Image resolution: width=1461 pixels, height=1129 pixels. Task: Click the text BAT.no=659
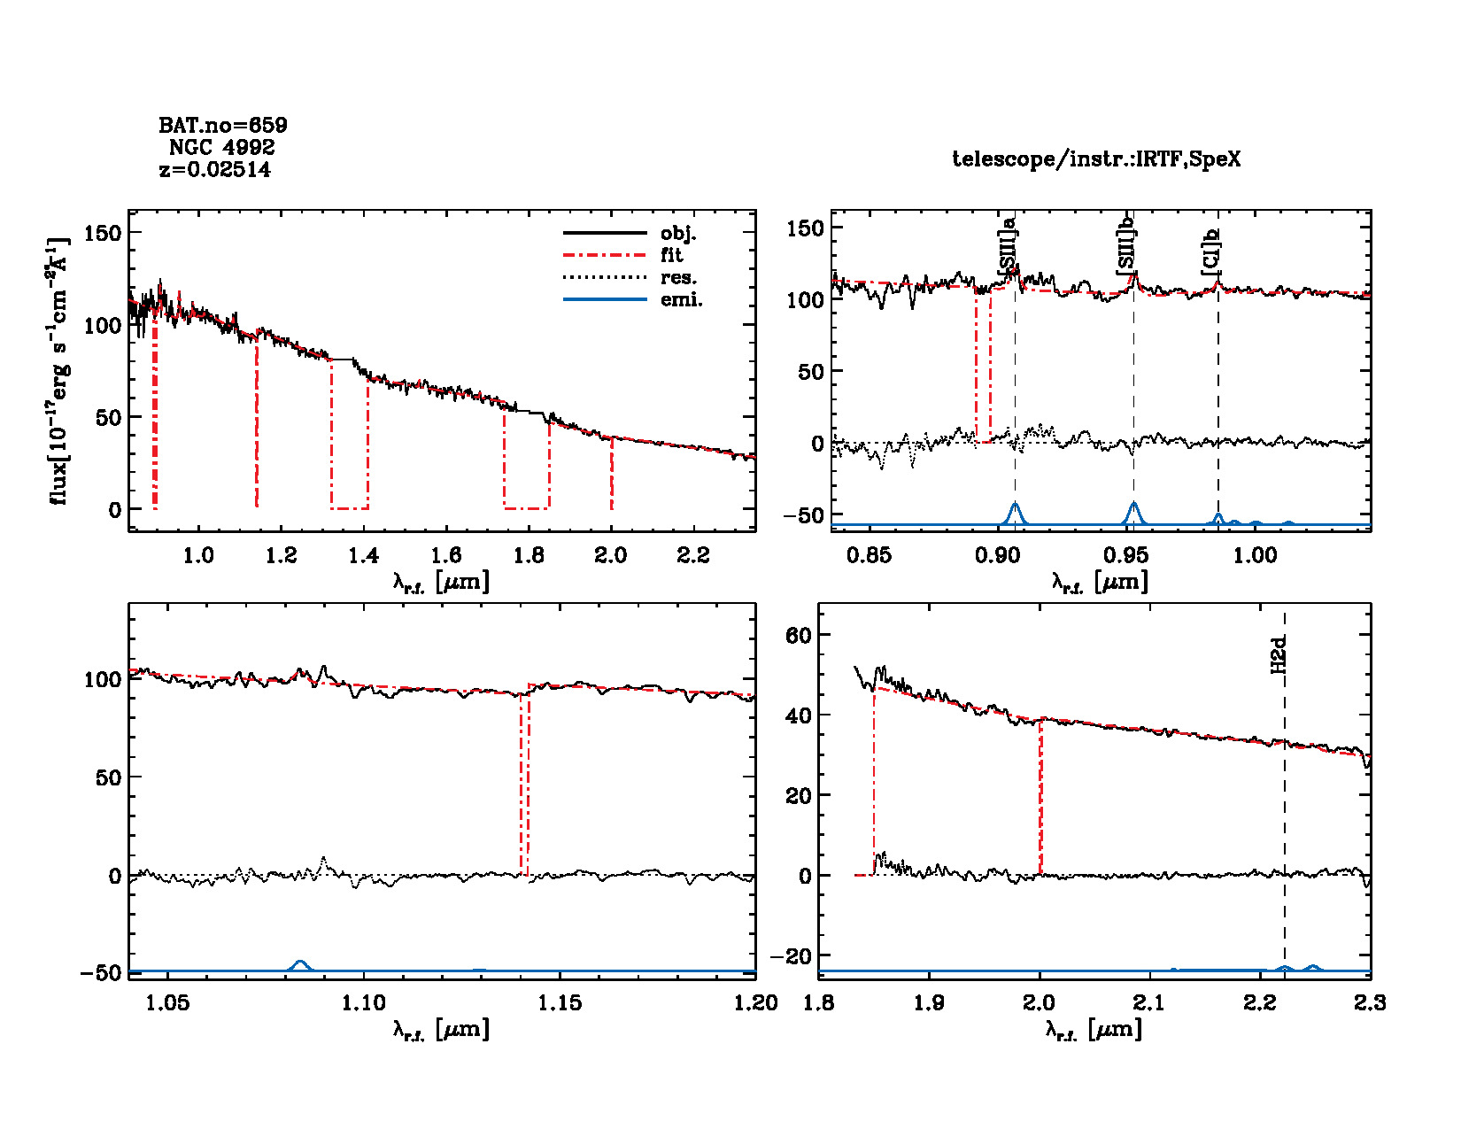(x=223, y=126)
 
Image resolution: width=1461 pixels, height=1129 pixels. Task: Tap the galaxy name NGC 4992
(x=222, y=147)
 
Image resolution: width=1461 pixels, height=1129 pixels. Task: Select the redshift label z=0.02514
(x=215, y=169)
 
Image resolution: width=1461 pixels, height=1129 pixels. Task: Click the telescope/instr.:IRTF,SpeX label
(x=1096, y=159)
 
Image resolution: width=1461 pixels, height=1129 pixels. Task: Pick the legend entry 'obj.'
(x=678, y=234)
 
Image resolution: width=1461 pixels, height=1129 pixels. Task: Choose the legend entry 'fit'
(x=672, y=256)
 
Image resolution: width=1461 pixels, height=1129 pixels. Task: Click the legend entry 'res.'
(x=678, y=278)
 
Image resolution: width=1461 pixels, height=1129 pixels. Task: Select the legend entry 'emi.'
(x=681, y=300)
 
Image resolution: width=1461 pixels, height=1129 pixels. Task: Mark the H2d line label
(x=1279, y=655)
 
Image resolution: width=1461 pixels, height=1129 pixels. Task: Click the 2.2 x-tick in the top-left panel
(x=693, y=555)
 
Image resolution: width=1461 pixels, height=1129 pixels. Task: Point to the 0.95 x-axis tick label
(x=1126, y=555)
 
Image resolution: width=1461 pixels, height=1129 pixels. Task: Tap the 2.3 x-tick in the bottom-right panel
(x=1369, y=1002)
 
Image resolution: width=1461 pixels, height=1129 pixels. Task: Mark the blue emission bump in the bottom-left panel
(x=300, y=963)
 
